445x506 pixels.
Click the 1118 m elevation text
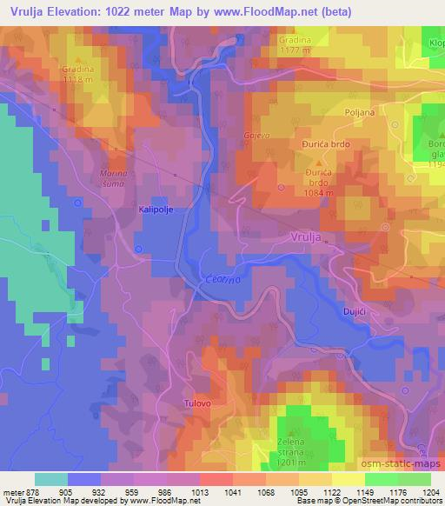(x=79, y=78)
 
